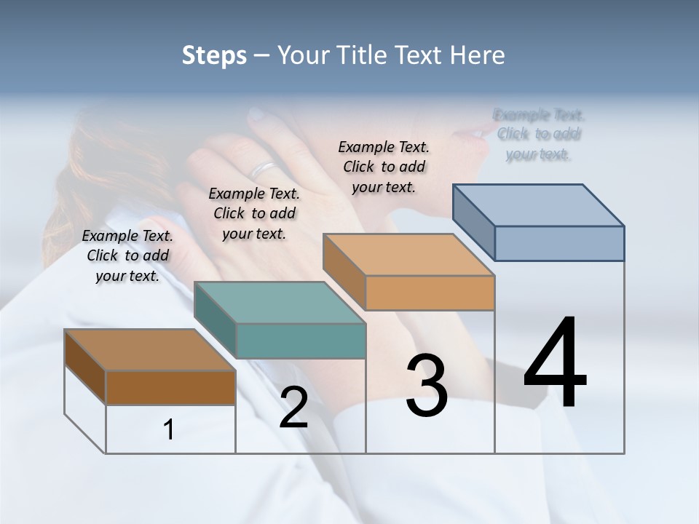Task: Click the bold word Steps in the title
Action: pos(214,55)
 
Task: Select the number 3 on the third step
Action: pos(427,386)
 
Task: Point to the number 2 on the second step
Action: pos(293,408)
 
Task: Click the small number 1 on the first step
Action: pos(169,430)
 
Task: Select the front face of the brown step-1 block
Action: pos(170,387)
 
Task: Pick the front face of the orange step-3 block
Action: pos(430,293)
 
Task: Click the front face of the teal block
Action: pos(301,341)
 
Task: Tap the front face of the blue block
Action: pos(559,243)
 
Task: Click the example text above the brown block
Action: pos(127,255)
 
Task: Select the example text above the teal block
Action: pos(254,213)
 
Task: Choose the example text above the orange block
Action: pos(384,167)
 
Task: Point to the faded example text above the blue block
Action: pos(539,135)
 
